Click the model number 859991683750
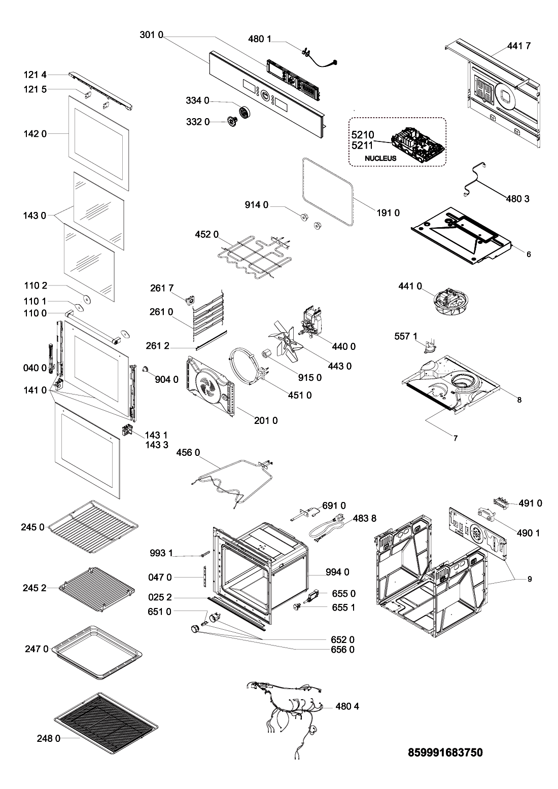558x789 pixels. [x=445, y=752]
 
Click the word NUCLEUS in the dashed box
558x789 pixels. [x=380, y=158]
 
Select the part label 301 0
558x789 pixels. [x=151, y=35]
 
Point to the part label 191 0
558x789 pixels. [x=388, y=213]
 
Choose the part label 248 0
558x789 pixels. [x=48, y=738]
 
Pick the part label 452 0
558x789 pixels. [x=206, y=234]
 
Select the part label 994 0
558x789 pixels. [x=337, y=572]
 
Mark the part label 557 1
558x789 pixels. [x=406, y=336]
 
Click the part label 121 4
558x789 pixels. [x=35, y=75]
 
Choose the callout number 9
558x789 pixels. [x=530, y=579]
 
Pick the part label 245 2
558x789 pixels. [x=34, y=588]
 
